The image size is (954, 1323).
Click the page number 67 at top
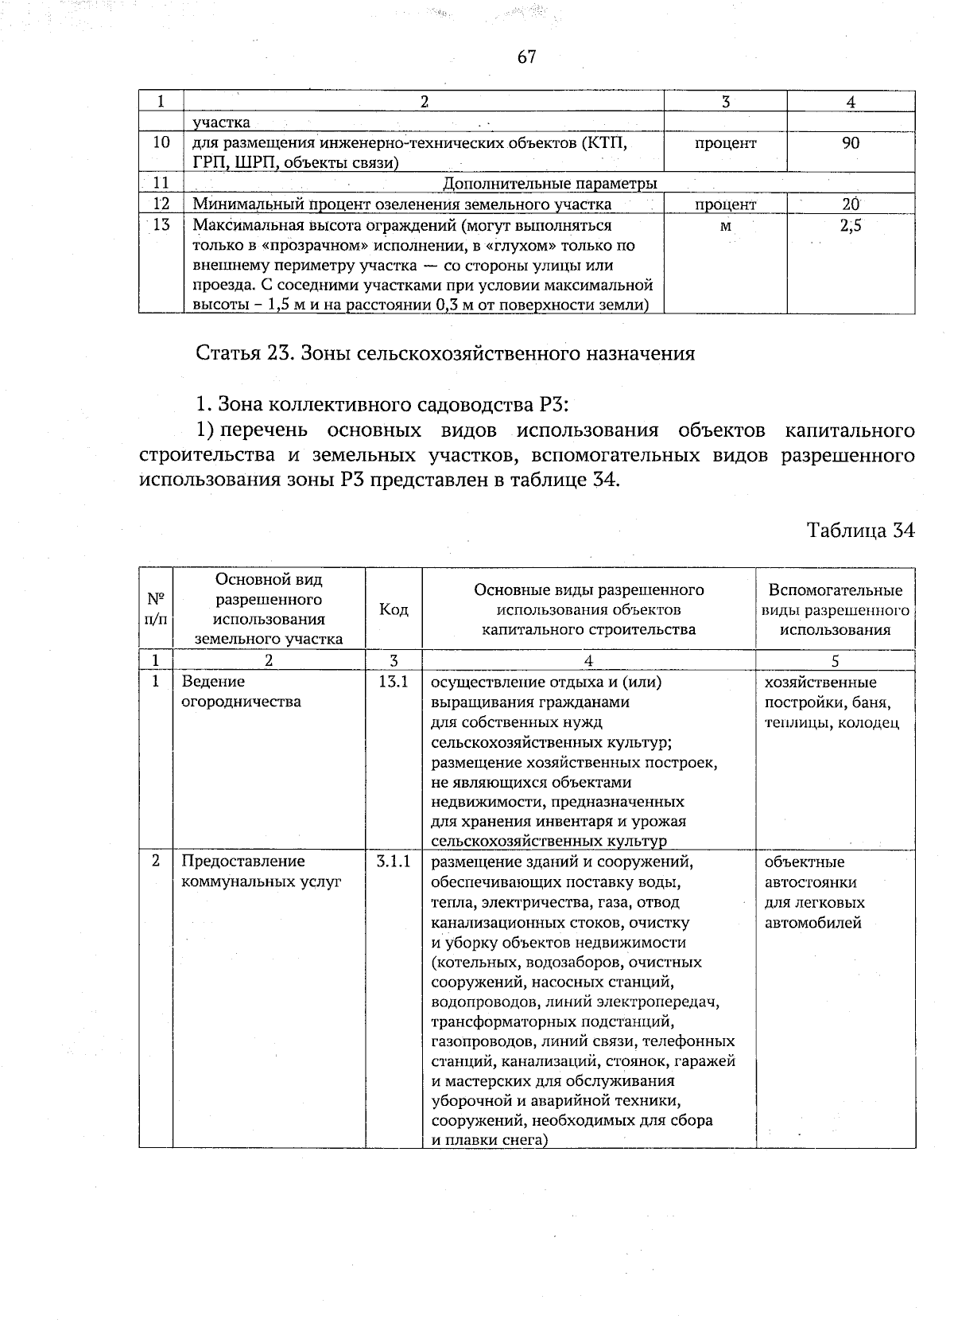526,56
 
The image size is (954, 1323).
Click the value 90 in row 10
851,143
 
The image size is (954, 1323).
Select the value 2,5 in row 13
851,226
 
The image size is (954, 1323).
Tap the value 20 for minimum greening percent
851,204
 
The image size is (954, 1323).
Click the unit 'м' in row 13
725,226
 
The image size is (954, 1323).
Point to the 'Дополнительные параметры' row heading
549,184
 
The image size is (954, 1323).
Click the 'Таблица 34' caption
860,530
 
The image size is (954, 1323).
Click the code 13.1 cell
393,682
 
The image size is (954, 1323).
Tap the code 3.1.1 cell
393,862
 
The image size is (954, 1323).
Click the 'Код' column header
394,609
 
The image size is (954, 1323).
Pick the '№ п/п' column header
156,609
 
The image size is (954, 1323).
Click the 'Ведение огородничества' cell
242,691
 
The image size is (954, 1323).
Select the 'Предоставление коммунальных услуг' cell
261,871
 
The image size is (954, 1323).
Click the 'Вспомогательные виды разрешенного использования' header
835,609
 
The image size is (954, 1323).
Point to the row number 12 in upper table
161,204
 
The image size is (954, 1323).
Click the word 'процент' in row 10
725,143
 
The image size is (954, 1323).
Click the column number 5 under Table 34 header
835,660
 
